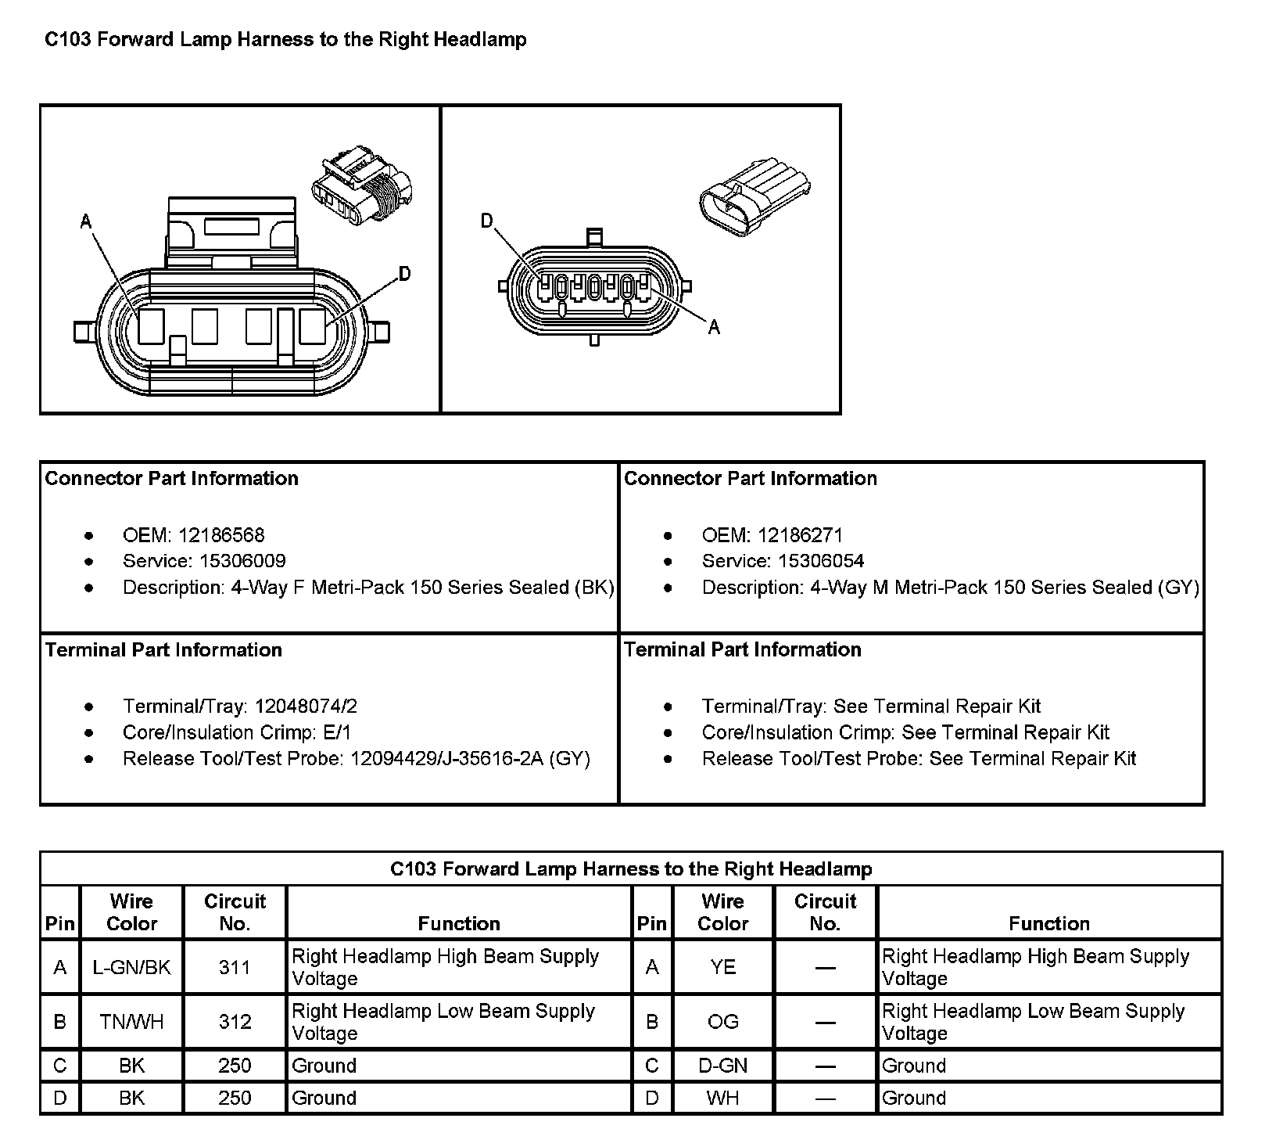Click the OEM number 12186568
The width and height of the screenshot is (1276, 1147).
tap(221, 535)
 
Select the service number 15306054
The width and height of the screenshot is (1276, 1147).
tap(822, 561)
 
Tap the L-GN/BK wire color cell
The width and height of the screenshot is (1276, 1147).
tap(131, 967)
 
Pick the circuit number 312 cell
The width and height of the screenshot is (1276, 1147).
tap(235, 1022)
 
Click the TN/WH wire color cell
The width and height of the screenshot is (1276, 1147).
tap(131, 1022)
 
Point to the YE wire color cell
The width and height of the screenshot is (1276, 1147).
tap(722, 967)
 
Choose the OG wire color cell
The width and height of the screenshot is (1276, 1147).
tap(722, 1022)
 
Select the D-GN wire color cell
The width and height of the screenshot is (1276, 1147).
tap(722, 1066)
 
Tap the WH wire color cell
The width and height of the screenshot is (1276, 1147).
tap(722, 1098)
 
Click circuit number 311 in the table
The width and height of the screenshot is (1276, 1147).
tap(235, 967)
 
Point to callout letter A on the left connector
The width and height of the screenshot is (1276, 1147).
tap(86, 222)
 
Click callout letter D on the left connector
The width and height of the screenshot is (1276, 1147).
tap(404, 274)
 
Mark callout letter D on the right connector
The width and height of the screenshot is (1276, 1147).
tap(486, 221)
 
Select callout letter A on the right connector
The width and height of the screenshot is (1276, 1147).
tap(713, 328)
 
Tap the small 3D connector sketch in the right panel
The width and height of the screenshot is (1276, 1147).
tap(754, 196)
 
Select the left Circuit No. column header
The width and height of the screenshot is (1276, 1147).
tap(235, 912)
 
